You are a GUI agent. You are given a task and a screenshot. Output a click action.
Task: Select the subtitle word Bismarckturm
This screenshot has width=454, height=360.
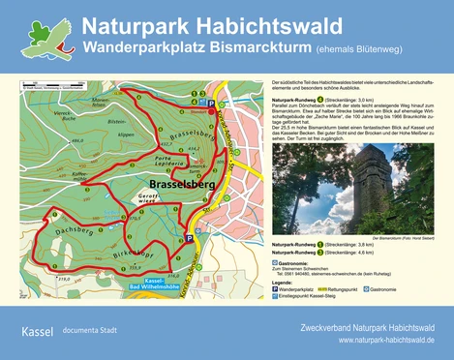pyautogui.click(x=247, y=46)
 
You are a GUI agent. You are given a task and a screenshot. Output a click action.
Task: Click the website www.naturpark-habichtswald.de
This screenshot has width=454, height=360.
pyautogui.click(x=386, y=341)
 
